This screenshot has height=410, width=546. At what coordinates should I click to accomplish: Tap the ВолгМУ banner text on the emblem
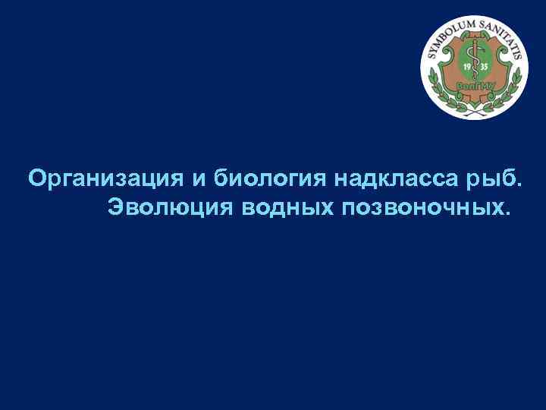[475, 86]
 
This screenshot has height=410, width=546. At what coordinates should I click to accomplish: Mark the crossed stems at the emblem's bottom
[475, 106]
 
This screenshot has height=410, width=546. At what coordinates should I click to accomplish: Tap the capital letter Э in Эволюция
[115, 207]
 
